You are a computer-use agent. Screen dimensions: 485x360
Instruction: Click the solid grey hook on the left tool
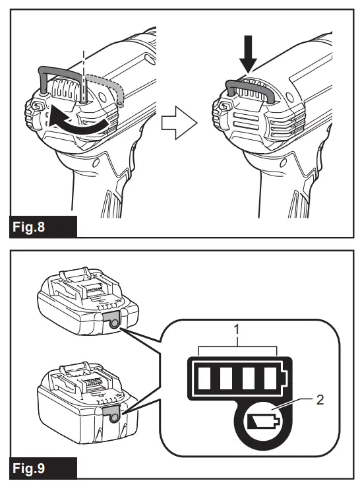point(60,73)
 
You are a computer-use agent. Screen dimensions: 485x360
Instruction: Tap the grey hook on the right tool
point(249,85)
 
